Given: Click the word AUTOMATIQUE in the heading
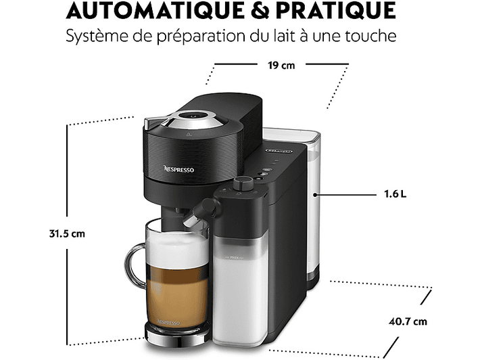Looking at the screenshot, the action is pyautogui.click(x=155, y=10).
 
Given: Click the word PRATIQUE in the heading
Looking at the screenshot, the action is pyautogui.click(x=336, y=10).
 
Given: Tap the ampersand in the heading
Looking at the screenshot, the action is pyautogui.click(x=260, y=10).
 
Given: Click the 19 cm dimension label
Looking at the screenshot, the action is pyautogui.click(x=281, y=66).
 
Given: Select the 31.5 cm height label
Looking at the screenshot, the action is pyautogui.click(x=67, y=234).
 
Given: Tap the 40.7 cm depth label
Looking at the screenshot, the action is pyautogui.click(x=408, y=321).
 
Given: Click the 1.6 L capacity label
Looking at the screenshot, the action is pyautogui.click(x=395, y=194).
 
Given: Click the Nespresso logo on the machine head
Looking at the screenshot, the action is pyautogui.click(x=179, y=169).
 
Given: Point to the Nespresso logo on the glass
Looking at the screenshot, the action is pyautogui.click(x=168, y=322).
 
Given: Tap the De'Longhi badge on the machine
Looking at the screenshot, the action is pyautogui.click(x=279, y=151).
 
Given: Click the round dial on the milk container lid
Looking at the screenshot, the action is pyautogui.click(x=243, y=184).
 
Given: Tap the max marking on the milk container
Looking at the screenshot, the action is pyautogui.click(x=234, y=257).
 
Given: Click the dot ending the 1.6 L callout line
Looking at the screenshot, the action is pyautogui.click(x=315, y=194).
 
